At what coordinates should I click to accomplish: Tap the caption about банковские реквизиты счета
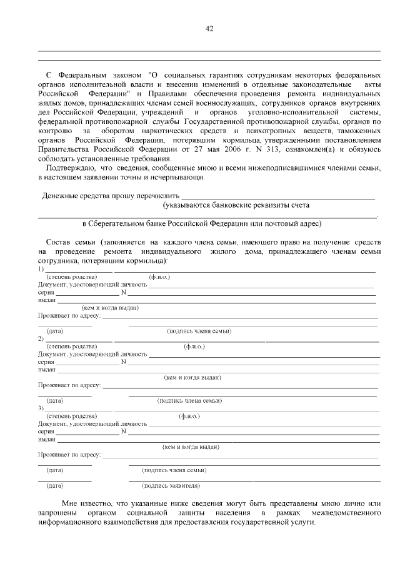(x=236, y=205)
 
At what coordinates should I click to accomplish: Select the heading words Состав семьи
(x=70, y=242)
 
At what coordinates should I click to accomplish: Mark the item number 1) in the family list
(x=41, y=269)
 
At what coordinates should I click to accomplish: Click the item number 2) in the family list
(x=41, y=338)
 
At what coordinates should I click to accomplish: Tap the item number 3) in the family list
(x=41, y=408)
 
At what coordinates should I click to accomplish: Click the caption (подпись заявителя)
(x=171, y=485)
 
